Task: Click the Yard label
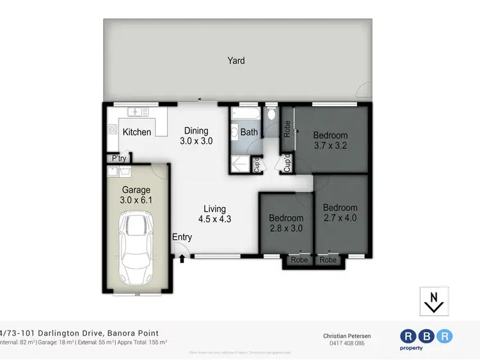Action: click(x=236, y=61)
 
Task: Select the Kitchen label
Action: click(x=137, y=132)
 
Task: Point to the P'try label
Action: click(x=118, y=159)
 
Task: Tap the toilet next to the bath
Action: click(x=271, y=115)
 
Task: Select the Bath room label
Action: click(x=248, y=133)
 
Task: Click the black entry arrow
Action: click(x=182, y=259)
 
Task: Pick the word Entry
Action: click(x=182, y=237)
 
